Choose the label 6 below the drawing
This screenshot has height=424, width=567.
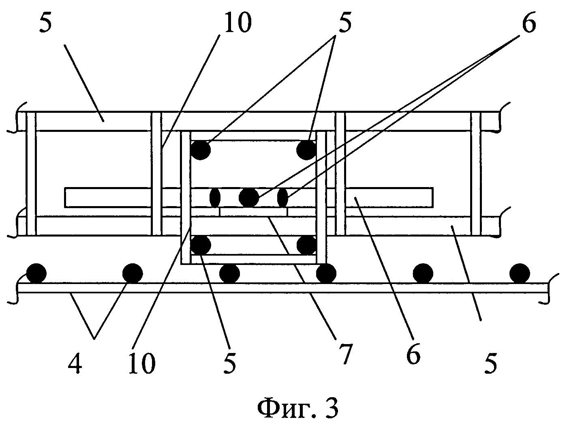tap(413, 354)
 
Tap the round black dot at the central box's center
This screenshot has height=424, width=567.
tap(249, 198)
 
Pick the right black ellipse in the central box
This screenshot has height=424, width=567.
tap(282, 198)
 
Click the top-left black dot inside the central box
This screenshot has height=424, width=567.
tap(201, 150)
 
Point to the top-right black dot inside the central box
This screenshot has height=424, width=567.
tap(306, 150)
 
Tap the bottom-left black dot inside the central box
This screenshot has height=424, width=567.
tap(201, 245)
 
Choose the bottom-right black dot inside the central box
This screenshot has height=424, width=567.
tap(306, 245)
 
